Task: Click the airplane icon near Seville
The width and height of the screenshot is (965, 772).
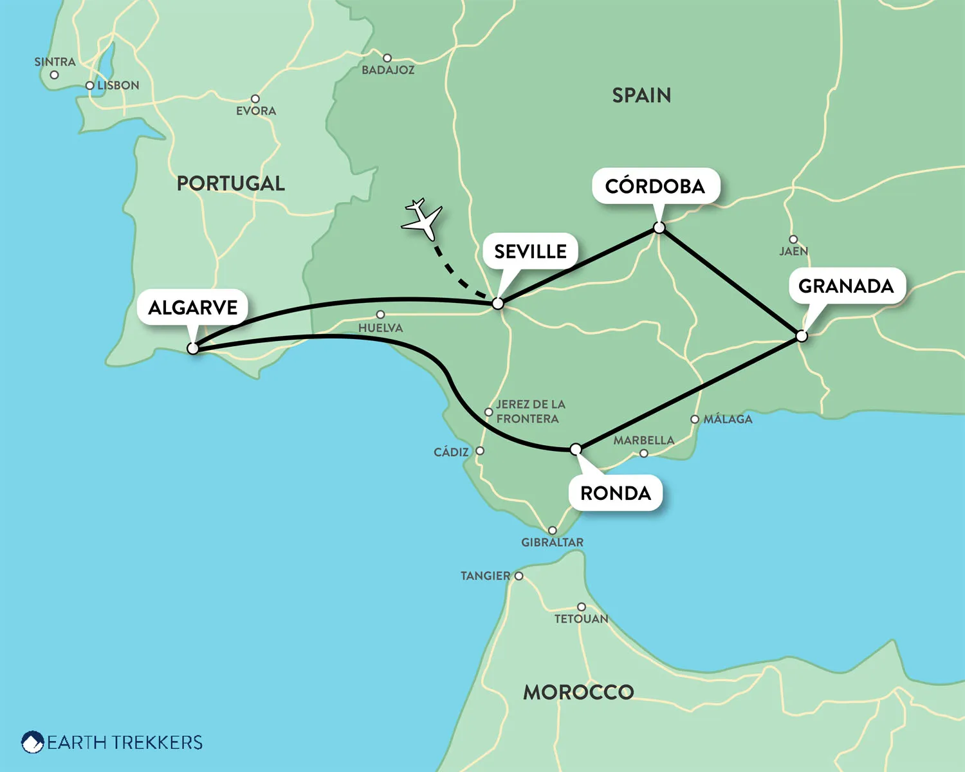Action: (x=422, y=219)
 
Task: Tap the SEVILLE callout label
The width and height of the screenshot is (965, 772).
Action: (x=530, y=252)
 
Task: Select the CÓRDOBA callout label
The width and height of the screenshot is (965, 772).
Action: (x=655, y=187)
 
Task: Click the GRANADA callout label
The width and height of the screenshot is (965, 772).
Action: (x=846, y=286)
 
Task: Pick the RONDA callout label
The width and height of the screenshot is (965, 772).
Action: (x=616, y=493)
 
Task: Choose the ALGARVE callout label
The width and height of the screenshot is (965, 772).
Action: (x=193, y=308)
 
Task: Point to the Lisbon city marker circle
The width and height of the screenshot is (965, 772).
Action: (x=90, y=86)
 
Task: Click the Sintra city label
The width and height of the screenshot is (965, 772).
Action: (x=55, y=62)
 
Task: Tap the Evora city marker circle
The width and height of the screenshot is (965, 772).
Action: (x=255, y=99)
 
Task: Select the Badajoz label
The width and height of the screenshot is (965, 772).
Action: (x=388, y=70)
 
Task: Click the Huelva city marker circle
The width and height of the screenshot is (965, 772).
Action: (x=380, y=315)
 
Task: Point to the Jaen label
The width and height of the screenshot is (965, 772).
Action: (x=793, y=252)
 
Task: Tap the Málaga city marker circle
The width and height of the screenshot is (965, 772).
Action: (x=695, y=419)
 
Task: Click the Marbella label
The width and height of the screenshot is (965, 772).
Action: (x=643, y=441)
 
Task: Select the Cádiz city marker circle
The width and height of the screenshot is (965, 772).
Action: (x=479, y=451)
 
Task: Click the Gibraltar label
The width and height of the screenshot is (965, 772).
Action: (x=552, y=542)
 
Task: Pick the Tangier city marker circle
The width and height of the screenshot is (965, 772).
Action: (x=519, y=576)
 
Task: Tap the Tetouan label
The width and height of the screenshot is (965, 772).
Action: (x=581, y=619)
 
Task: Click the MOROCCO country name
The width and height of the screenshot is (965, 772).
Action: (x=578, y=692)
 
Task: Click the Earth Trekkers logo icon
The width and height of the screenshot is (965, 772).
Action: (x=32, y=742)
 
